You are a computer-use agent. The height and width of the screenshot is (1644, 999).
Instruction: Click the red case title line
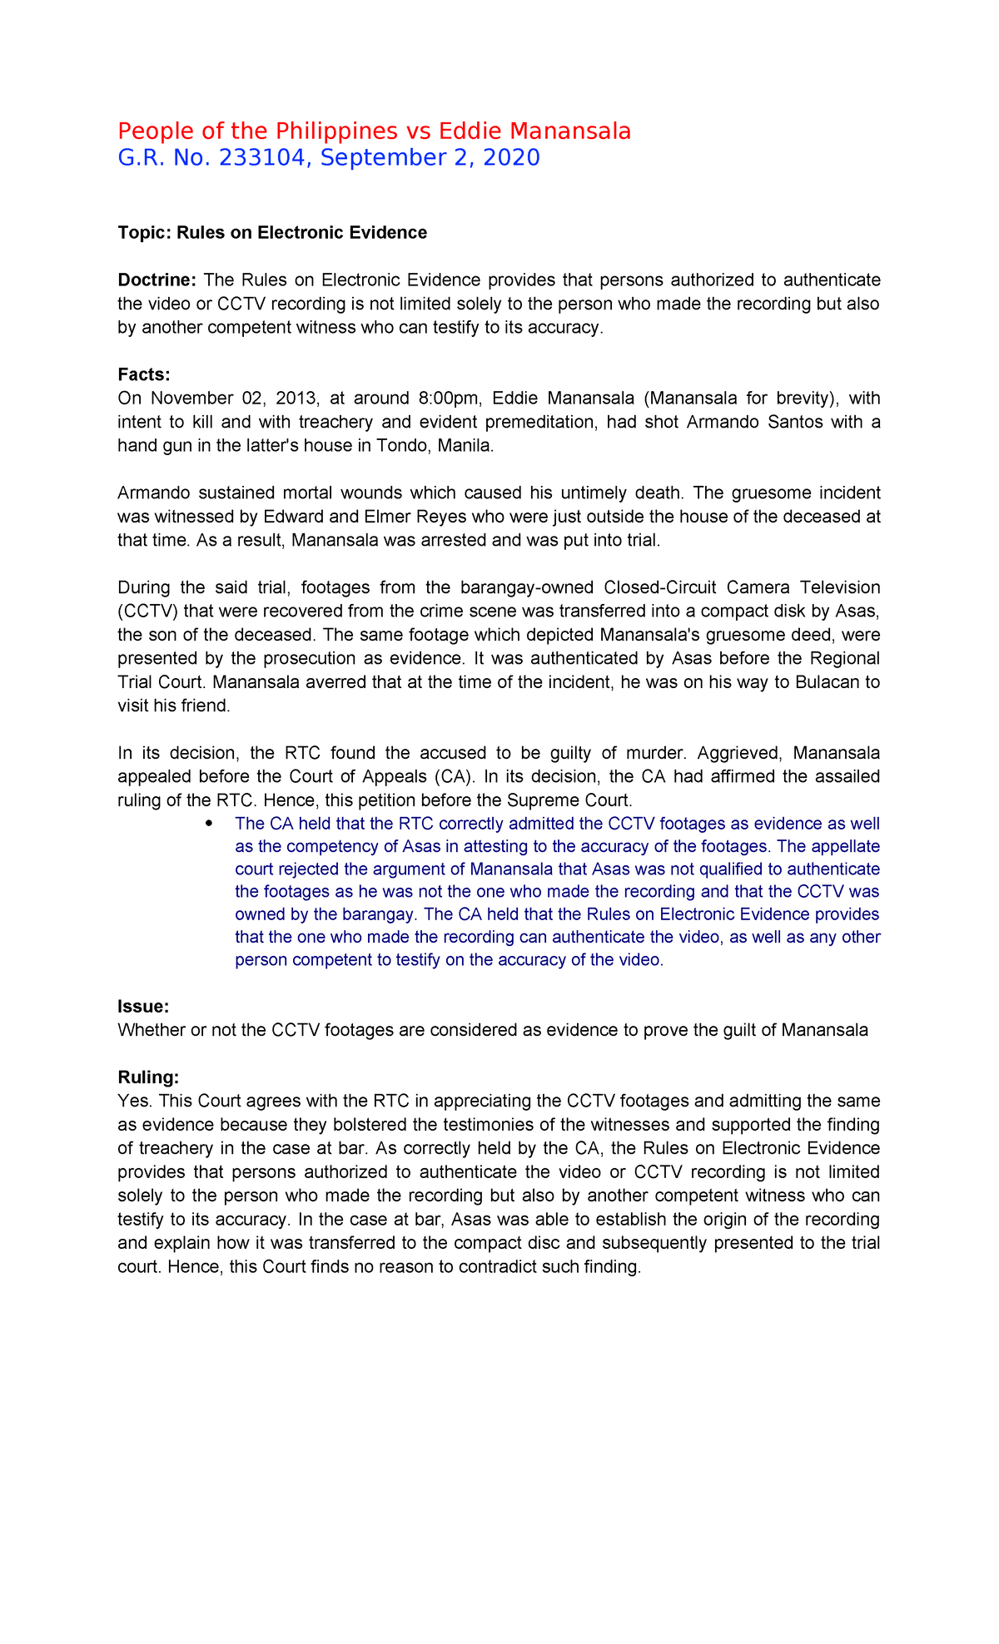[x=374, y=131]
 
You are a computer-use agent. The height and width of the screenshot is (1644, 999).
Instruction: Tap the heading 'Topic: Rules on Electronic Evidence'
[x=272, y=233]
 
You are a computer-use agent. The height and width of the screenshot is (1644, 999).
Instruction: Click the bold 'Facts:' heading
[x=143, y=374]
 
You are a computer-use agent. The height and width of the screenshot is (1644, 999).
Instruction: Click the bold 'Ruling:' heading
[x=148, y=1078]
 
